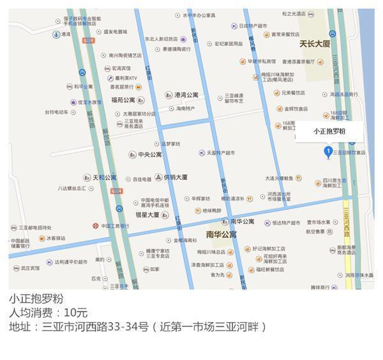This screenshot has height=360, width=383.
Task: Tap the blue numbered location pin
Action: pos(329,151)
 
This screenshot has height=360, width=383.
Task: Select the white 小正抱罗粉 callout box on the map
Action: pos(329,131)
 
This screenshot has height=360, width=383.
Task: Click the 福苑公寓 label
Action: pos(123,100)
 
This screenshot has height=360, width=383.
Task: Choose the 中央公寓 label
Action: pos(149,154)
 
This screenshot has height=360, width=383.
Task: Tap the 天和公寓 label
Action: pos(105,177)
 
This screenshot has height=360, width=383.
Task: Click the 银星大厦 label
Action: pos(147,215)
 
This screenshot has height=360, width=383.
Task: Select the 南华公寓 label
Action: pos(221,235)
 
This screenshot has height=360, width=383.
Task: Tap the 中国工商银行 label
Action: pos(115,226)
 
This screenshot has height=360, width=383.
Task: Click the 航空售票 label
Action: pos(315,232)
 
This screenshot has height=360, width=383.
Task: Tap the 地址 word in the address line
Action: pos(20,327)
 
